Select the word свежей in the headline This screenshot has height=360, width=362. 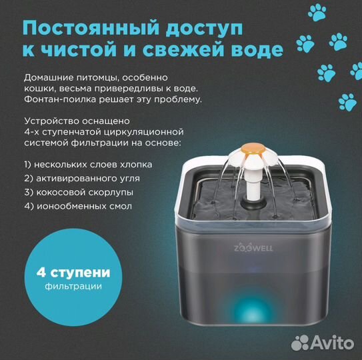point(184,51)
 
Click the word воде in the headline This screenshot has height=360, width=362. point(255,51)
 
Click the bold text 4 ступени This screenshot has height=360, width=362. point(64,273)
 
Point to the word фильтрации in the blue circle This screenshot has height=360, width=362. point(65,287)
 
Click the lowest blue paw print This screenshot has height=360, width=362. point(347,101)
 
